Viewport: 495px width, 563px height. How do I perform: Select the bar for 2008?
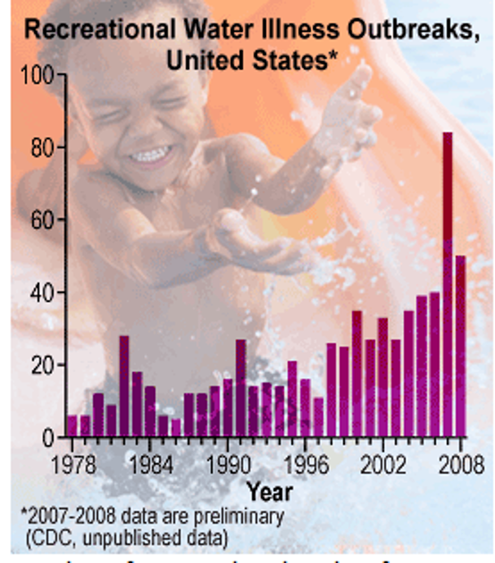(x=461, y=346)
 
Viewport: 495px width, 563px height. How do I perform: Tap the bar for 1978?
(x=72, y=426)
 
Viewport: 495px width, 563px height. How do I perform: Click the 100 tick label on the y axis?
(x=37, y=76)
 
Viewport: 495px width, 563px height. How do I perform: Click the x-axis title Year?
(x=269, y=491)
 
